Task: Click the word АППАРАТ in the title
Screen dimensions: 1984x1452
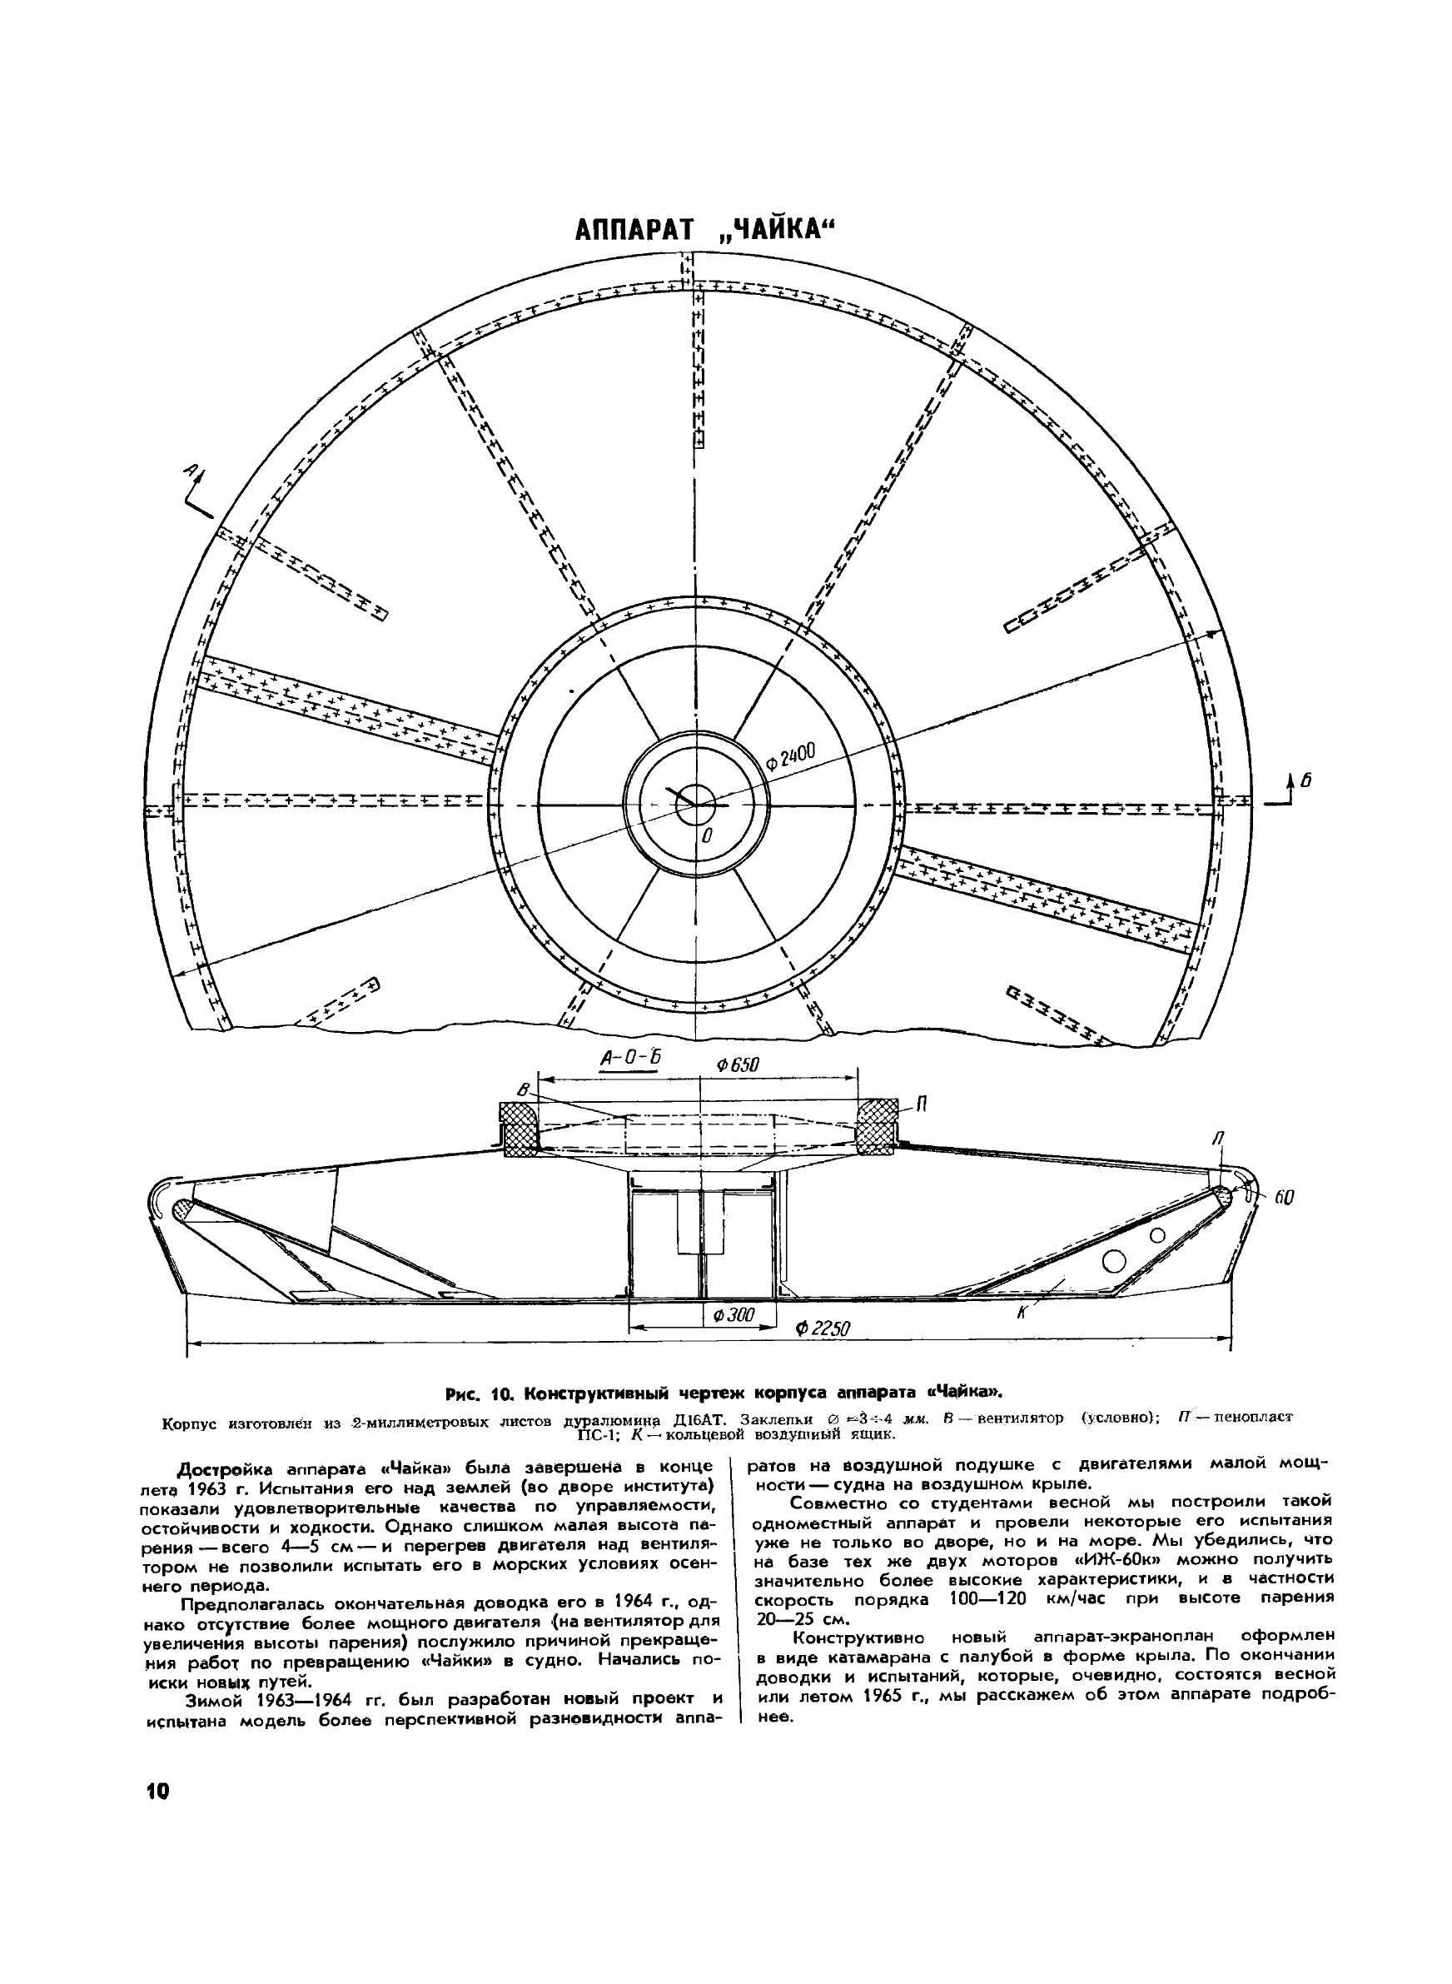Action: [x=633, y=231]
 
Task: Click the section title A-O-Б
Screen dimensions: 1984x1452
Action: [x=629, y=1060]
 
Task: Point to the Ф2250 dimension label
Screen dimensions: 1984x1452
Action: [x=822, y=1353]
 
